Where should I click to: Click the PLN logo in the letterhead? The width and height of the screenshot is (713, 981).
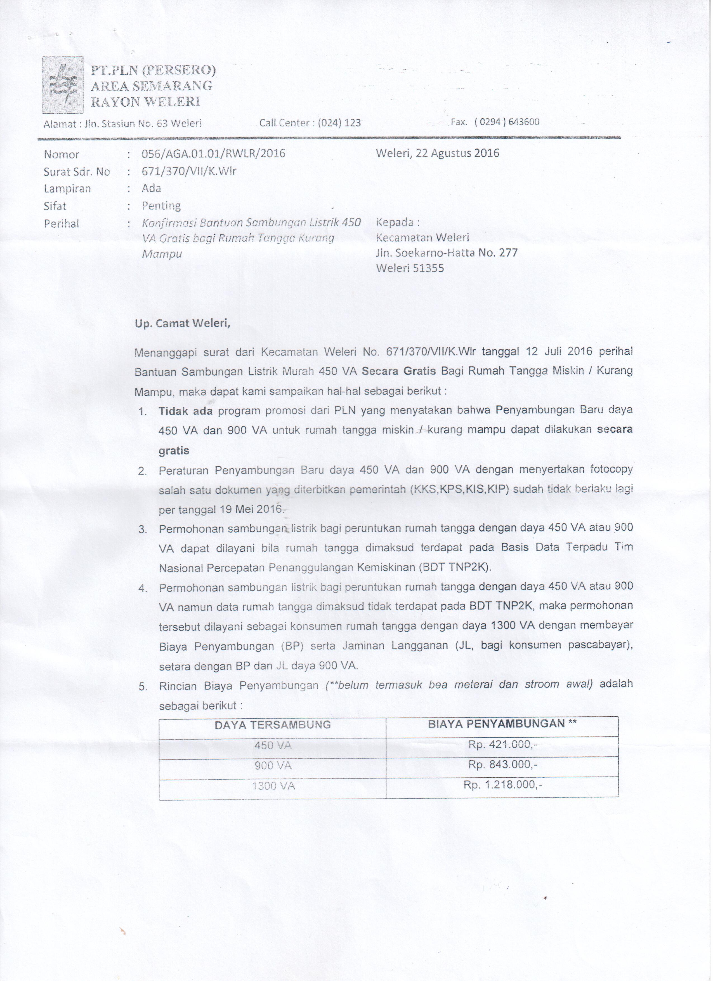[x=62, y=85]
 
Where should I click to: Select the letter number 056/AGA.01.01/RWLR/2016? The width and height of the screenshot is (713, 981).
[x=214, y=154]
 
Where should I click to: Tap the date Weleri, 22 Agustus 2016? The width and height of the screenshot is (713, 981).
[x=438, y=153]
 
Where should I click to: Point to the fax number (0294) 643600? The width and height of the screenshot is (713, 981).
[x=507, y=122]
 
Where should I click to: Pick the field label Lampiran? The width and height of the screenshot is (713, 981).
[x=67, y=189]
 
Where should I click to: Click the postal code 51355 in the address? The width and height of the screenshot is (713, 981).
[x=428, y=268]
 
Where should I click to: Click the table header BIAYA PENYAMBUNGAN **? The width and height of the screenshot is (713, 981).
[x=502, y=724]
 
